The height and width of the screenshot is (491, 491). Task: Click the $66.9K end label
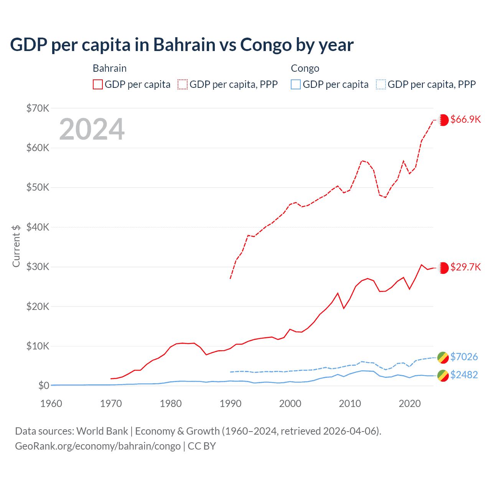tap(465, 119)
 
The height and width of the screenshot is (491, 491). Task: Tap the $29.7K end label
tap(465, 267)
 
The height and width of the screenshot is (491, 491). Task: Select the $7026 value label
tap(464, 357)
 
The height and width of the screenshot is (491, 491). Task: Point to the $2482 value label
tap(464, 375)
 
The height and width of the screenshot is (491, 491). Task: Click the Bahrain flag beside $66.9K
tap(443, 120)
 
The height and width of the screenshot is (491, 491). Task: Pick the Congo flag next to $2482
tap(443, 376)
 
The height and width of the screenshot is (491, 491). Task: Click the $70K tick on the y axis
tap(38, 108)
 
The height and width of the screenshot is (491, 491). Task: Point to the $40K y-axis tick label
tap(38, 227)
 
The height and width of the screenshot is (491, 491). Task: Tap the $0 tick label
tap(44, 386)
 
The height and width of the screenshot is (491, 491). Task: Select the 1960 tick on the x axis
tap(51, 404)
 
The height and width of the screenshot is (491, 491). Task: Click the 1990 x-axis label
tap(231, 404)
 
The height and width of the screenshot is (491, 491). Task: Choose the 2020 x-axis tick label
tap(410, 404)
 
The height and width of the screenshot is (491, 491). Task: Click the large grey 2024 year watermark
tap(92, 129)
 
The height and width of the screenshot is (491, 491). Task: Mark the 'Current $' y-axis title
tap(16, 246)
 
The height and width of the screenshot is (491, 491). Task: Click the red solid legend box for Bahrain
tap(98, 84)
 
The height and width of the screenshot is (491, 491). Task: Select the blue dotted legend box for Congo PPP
tap(381, 84)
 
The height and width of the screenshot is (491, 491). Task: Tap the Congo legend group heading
tap(305, 68)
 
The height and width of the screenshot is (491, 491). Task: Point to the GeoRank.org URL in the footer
tap(98, 446)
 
